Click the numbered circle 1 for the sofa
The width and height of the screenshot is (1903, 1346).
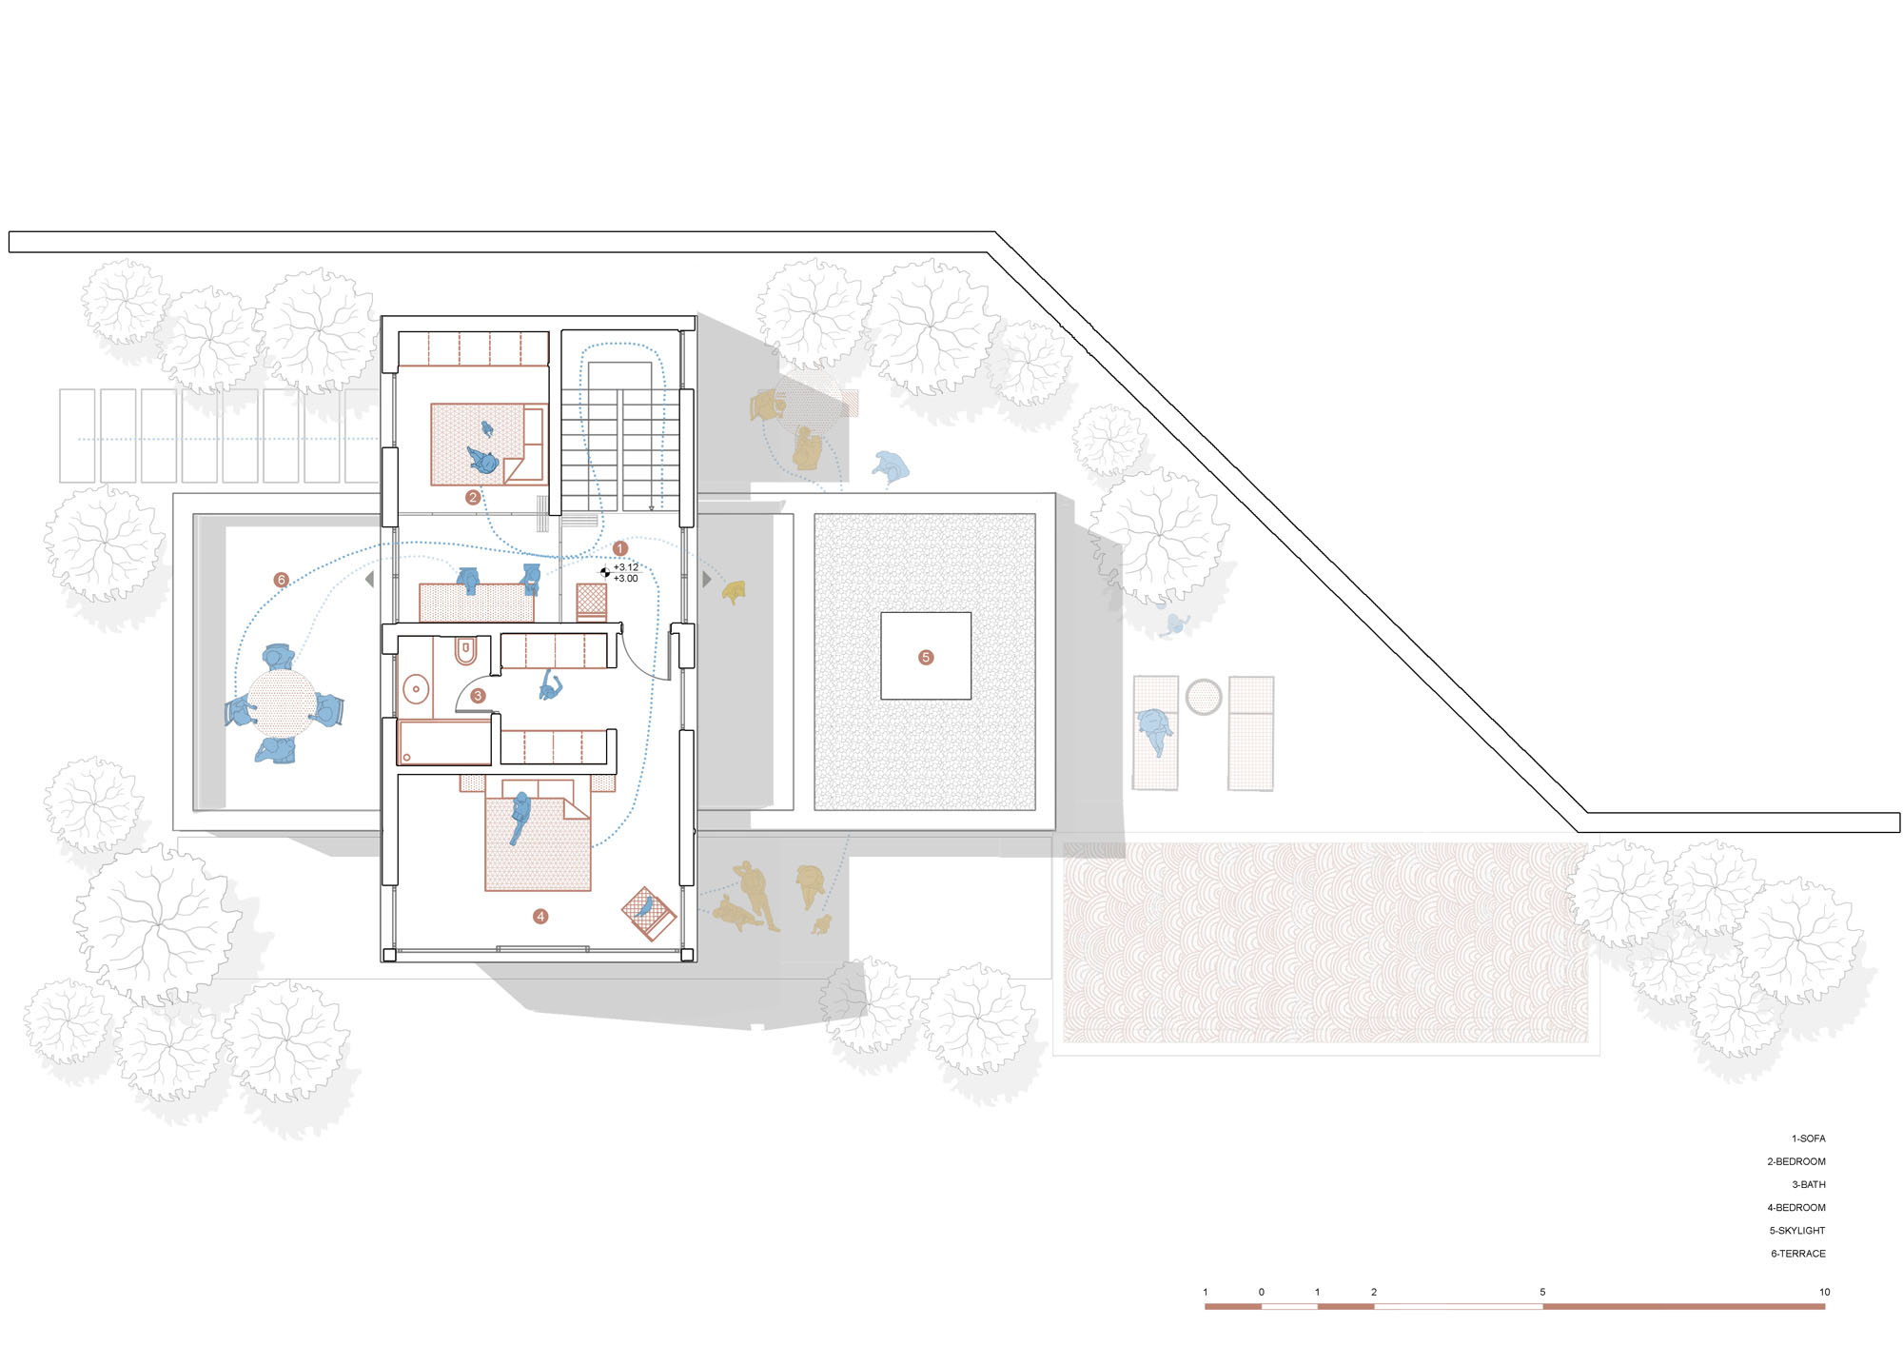tap(620, 548)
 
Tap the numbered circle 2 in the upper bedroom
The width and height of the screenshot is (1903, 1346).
tap(473, 497)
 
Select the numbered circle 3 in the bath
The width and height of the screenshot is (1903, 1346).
tap(478, 696)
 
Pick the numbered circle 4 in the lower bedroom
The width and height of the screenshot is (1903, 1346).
tap(540, 916)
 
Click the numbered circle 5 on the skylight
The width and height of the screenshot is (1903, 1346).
tap(926, 657)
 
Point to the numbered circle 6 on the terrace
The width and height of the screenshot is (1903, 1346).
tap(281, 580)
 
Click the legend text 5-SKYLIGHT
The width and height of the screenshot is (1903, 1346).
tap(1797, 1231)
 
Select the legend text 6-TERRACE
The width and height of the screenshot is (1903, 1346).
tap(1798, 1254)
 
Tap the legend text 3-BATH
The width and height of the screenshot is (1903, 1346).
tap(1809, 1185)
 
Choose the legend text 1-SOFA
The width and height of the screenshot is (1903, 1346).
tap(1809, 1138)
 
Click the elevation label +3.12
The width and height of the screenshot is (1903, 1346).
tap(626, 567)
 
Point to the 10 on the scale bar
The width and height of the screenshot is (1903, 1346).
tap(1824, 1292)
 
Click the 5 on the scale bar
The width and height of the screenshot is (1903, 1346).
tap(1542, 1292)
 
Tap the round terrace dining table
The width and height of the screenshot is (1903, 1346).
tap(282, 703)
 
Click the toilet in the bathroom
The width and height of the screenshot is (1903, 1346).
tap(465, 650)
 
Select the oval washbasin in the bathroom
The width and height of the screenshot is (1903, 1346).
tap(416, 688)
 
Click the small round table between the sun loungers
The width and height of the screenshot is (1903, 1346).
tap(1204, 697)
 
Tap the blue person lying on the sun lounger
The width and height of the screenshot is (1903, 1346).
tap(1155, 731)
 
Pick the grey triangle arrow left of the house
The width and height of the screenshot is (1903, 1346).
tap(370, 579)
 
